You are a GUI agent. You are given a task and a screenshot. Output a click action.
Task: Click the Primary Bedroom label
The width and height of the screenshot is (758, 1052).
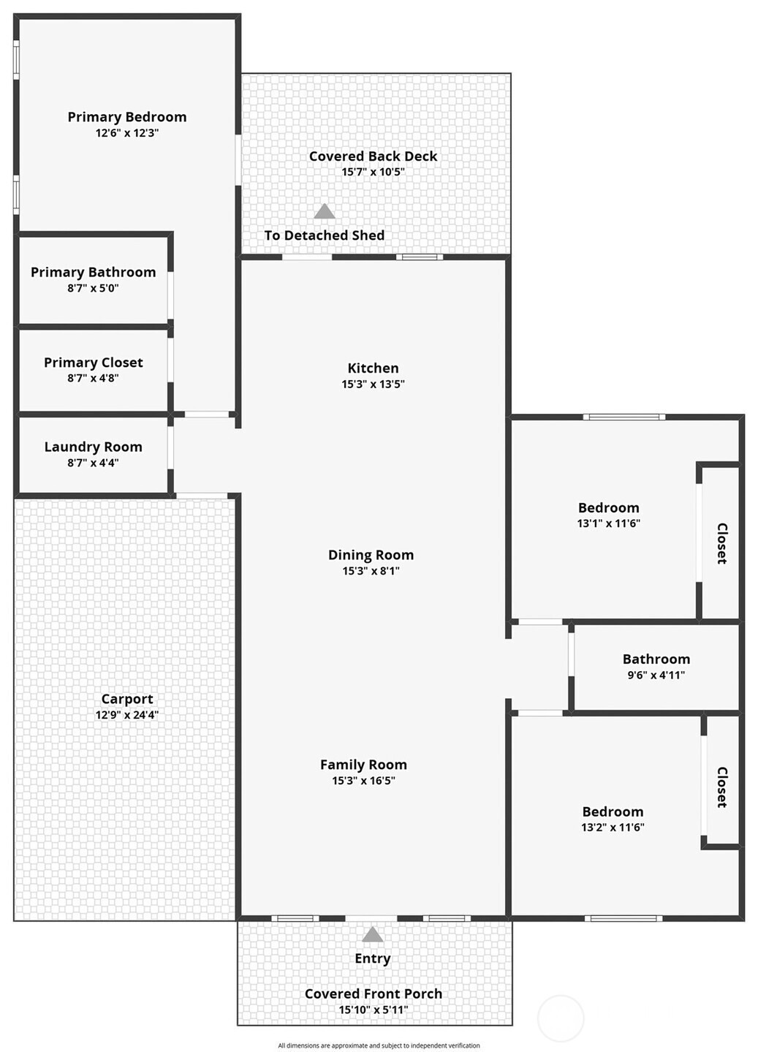coord(126,117)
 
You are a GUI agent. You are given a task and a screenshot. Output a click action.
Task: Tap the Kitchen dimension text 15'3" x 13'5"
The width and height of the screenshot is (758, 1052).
coord(373,384)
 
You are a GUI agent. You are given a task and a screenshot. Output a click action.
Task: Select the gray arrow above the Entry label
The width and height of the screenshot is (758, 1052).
coord(373,934)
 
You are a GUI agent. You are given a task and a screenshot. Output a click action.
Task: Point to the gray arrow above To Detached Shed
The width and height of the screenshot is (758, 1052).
coord(324,211)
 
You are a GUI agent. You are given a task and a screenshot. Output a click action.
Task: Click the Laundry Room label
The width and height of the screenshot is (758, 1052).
coord(93,447)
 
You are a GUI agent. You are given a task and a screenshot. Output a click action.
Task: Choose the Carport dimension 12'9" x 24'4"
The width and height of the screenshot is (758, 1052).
coord(126,715)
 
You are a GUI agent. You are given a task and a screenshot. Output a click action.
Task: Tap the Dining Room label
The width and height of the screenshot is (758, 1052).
coord(371,555)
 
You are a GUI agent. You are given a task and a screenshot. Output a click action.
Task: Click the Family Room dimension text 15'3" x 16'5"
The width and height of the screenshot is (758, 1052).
coord(363,781)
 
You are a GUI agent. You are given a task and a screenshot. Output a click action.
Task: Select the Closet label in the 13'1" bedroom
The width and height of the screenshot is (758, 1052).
coord(722,543)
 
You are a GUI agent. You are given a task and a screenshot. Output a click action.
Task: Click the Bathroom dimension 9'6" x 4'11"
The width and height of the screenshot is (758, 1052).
coord(656,676)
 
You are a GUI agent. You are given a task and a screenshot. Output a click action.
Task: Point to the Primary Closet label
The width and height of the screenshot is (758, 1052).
coord(93,363)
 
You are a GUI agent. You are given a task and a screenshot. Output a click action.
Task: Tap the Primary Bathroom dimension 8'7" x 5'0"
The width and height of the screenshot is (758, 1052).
coord(93,288)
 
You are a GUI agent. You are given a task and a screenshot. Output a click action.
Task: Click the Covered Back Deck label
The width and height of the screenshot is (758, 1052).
coord(373,156)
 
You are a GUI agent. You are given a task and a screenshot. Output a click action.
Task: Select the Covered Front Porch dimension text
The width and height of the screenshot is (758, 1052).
coord(374,1010)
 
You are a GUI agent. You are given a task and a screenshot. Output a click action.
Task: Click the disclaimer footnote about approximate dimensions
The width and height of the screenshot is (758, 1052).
coord(379,1045)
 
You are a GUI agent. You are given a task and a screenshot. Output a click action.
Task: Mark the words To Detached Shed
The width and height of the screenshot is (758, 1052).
coord(324,235)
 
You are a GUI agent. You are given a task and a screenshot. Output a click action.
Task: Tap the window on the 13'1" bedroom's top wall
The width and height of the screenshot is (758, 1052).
coord(624,417)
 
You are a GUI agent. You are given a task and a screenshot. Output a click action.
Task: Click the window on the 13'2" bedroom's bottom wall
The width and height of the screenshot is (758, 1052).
coord(624,919)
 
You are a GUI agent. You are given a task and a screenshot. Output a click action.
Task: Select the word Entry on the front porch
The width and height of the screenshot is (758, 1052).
coord(373,958)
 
